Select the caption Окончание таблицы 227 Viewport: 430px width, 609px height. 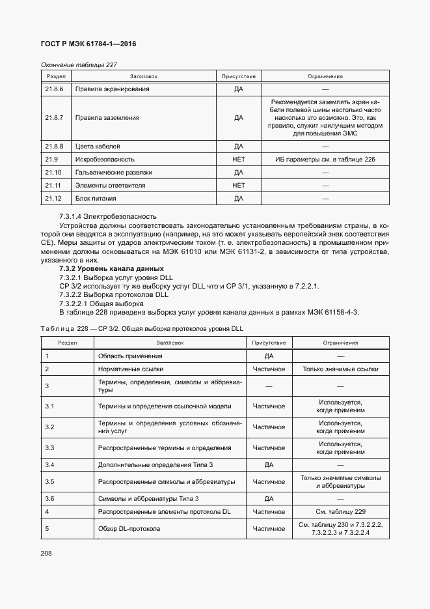[79, 64]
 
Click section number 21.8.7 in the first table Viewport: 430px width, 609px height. [54, 118]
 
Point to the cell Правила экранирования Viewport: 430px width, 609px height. [113, 89]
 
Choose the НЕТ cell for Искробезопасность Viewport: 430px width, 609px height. [238, 159]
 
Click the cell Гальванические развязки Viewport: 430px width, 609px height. [114, 172]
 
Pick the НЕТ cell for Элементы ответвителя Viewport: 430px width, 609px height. [238, 185]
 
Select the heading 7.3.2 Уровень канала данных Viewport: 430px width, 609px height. [111, 268]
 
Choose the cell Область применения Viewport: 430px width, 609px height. [130, 356]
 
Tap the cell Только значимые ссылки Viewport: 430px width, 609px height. [340, 369]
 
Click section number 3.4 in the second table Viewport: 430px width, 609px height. [49, 465]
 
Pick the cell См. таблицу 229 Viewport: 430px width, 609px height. [340, 511]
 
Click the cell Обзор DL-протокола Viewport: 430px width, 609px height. [129, 529]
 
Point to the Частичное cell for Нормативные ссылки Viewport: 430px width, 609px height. [269, 369]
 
